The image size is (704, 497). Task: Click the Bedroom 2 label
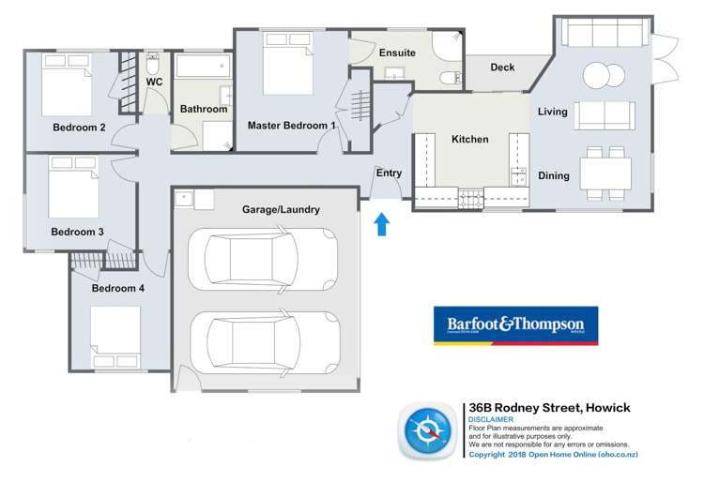point(78,128)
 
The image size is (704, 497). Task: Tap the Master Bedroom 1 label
point(291,125)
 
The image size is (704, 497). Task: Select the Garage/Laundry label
point(281,210)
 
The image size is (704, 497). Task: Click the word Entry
point(389,173)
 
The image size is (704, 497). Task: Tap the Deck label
point(502,68)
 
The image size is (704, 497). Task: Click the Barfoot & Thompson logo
point(514,325)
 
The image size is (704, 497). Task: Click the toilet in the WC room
point(154,66)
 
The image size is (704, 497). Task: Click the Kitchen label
point(470,140)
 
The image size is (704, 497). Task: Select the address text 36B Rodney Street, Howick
point(549,408)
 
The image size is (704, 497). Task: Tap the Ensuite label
point(397,53)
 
